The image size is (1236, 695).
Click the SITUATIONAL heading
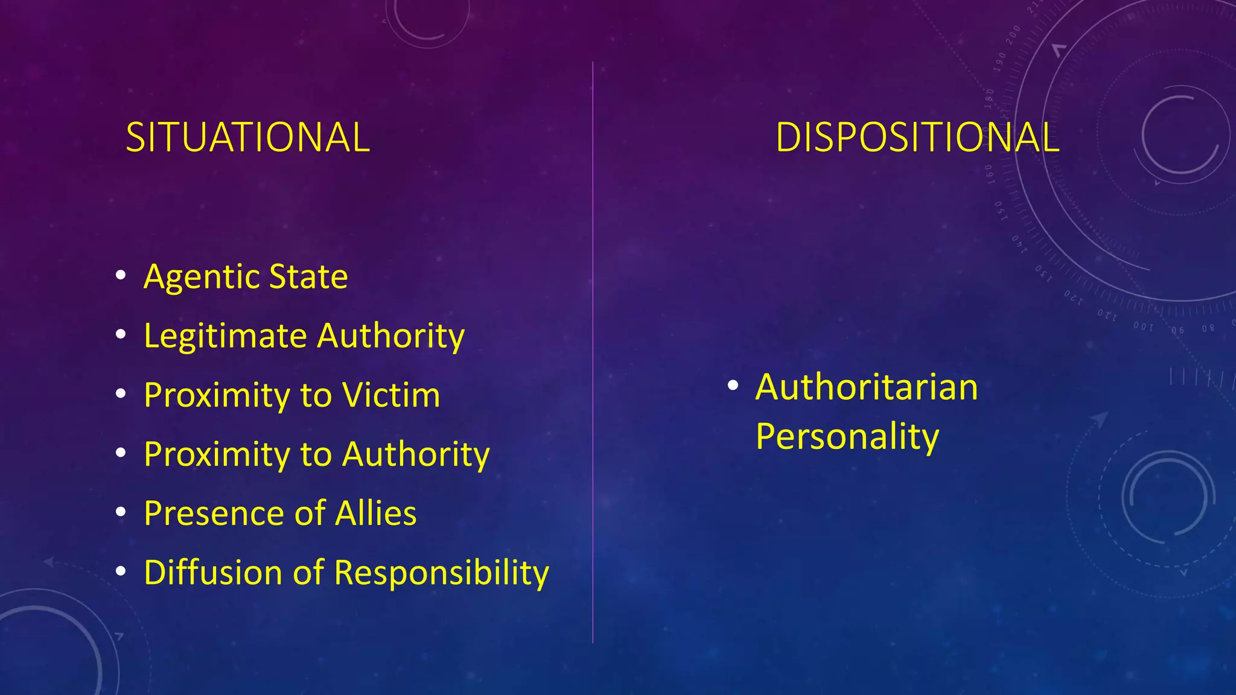[x=247, y=138]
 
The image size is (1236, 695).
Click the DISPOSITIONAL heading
[x=917, y=138]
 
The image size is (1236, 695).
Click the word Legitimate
[x=225, y=336]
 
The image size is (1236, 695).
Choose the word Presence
[x=214, y=513]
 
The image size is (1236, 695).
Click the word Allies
[x=375, y=513]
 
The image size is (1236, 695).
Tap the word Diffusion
[x=213, y=573]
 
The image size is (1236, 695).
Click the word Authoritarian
[x=866, y=387]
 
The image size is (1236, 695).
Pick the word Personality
[x=847, y=437]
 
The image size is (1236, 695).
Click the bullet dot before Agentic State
[x=121, y=276]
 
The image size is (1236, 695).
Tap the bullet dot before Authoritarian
[x=733, y=386]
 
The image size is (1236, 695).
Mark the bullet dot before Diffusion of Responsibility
[x=121, y=571]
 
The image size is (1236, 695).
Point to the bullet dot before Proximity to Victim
[x=121, y=394]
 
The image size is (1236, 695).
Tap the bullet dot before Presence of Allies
[x=121, y=512]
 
